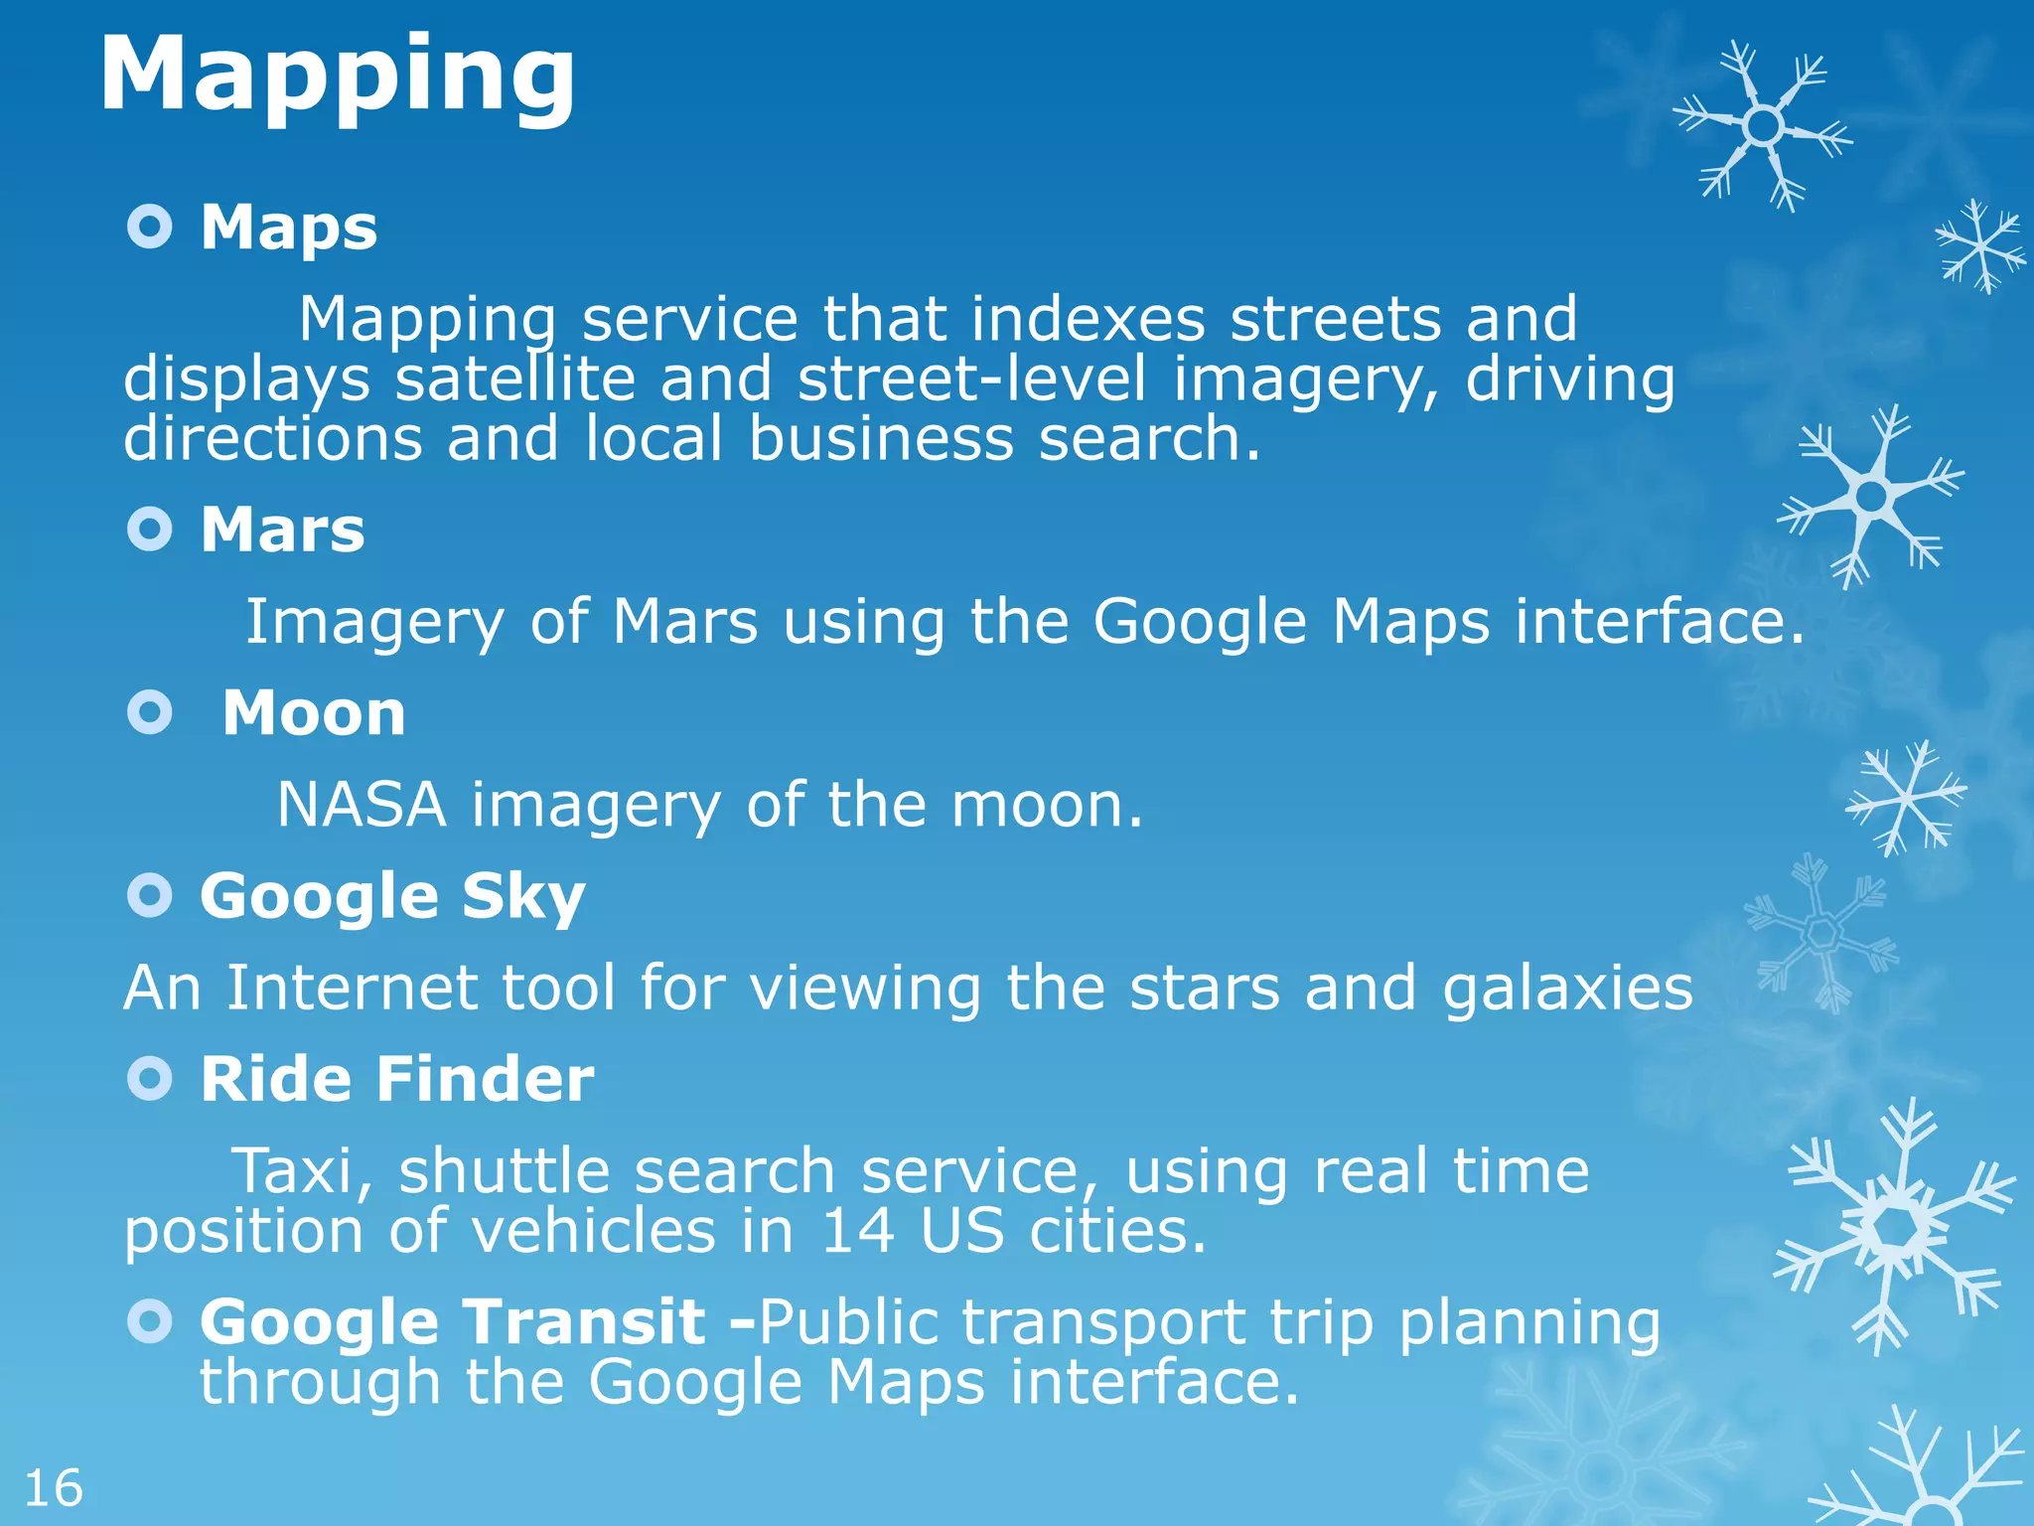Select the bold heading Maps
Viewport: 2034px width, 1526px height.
click(x=289, y=228)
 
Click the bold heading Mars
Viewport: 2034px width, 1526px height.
click(x=283, y=530)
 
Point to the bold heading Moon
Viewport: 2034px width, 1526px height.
click(x=314, y=713)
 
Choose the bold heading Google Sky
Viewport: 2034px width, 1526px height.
click(x=392, y=897)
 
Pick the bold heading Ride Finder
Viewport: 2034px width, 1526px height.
click(x=397, y=1079)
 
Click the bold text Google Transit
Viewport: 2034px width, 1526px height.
click(x=453, y=1322)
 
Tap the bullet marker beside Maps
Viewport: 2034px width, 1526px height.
click(x=150, y=228)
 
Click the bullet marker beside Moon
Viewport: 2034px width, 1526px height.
click(x=150, y=712)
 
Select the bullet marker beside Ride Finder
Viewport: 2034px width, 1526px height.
click(x=150, y=1079)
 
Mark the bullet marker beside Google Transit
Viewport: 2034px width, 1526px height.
click(x=150, y=1321)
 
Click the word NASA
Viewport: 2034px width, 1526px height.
click(x=362, y=805)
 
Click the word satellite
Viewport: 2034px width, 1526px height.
click(x=514, y=380)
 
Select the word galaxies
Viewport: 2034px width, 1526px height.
click(x=1567, y=990)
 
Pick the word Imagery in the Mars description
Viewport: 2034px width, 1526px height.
click(x=374, y=623)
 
